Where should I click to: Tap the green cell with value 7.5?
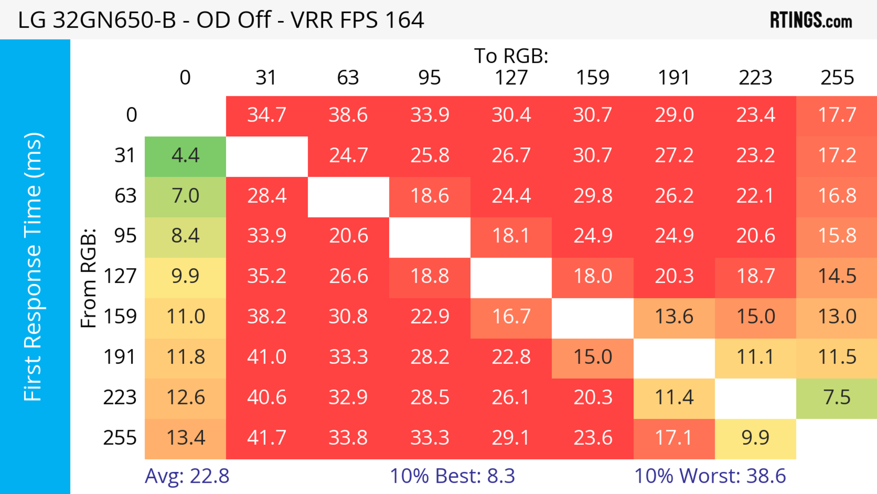click(x=837, y=398)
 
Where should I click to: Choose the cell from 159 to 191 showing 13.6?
click(x=674, y=317)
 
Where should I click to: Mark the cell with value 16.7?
click(x=511, y=317)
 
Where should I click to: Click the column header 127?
click(x=511, y=78)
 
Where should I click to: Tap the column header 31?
click(x=266, y=78)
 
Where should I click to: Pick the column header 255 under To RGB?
click(x=837, y=78)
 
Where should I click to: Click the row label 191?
click(x=120, y=357)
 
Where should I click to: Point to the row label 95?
click(x=125, y=236)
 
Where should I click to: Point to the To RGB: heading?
click(x=511, y=56)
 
